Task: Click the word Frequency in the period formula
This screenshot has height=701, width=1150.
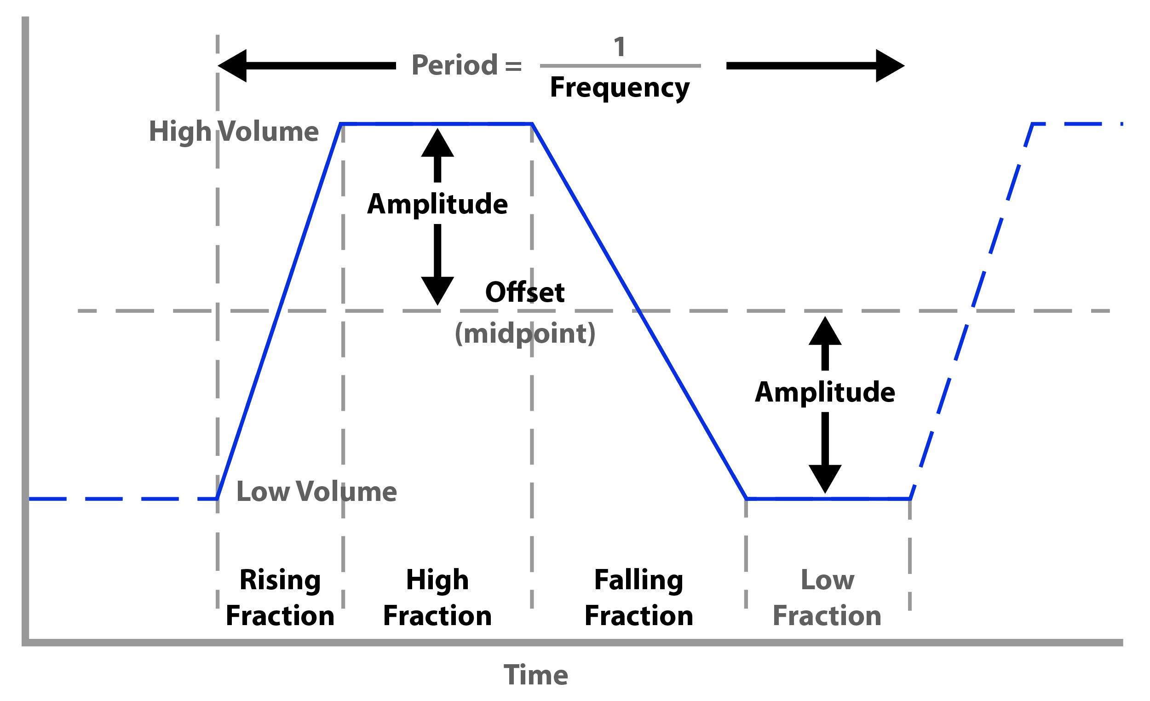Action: click(620, 88)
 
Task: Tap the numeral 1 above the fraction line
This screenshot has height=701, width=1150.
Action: click(619, 46)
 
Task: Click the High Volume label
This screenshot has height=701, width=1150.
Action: click(234, 132)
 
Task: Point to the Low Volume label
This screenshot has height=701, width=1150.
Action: click(316, 492)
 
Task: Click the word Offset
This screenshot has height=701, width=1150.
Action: click(525, 293)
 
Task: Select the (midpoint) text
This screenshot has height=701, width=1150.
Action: click(525, 333)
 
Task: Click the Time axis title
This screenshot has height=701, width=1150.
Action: click(536, 675)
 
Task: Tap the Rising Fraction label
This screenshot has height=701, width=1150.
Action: click(280, 598)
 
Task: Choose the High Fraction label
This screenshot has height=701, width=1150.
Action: click(437, 598)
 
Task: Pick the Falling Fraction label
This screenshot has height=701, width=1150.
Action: click(639, 598)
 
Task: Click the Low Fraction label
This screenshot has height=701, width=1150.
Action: click(827, 598)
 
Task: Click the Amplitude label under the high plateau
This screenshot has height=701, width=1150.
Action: click(437, 204)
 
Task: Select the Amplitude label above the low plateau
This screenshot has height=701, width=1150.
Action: click(825, 392)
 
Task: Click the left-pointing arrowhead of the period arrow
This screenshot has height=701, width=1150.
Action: click(233, 66)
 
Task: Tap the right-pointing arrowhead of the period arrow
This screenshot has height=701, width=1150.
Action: click(890, 66)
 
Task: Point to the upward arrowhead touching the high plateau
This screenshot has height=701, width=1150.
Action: click(437, 144)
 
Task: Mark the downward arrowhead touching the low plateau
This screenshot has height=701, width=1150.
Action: click(825, 478)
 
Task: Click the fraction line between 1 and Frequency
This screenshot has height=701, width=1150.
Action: click(620, 66)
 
